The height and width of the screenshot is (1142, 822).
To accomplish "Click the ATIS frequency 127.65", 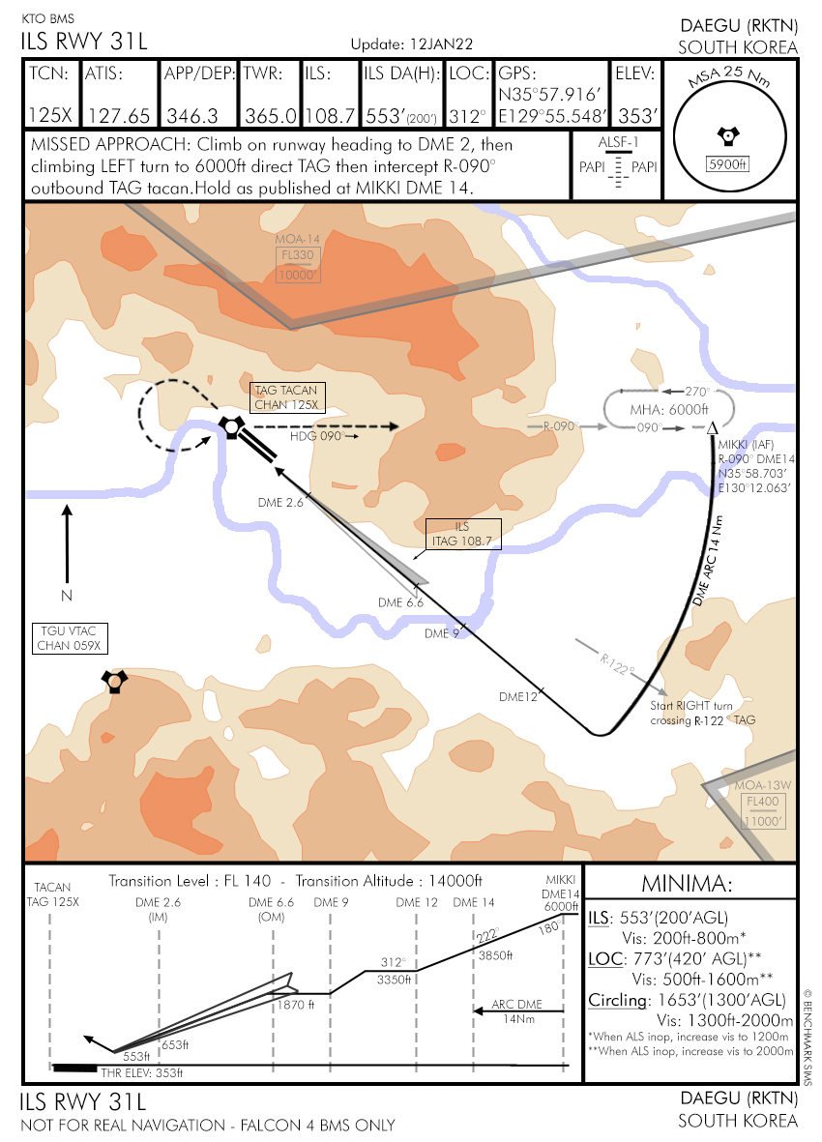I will point(119,115).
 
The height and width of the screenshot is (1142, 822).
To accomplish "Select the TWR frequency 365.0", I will point(270,115).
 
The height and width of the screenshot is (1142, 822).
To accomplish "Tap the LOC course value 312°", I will point(469,115).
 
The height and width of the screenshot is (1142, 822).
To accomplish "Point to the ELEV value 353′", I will point(638,115).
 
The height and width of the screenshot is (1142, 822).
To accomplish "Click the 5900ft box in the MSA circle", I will point(728,163).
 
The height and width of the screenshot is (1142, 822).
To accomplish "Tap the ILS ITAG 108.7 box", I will point(463,535).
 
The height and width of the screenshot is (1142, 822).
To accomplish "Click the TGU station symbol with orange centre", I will point(115,683).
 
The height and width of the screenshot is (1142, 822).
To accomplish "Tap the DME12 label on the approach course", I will point(517,696).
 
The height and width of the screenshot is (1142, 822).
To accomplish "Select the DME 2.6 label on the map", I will point(280,503).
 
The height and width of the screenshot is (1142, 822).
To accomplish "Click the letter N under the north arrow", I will point(66,594).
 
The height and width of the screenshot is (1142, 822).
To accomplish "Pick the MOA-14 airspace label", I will point(297,238).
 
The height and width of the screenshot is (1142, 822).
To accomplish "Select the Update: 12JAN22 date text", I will point(411,44).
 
